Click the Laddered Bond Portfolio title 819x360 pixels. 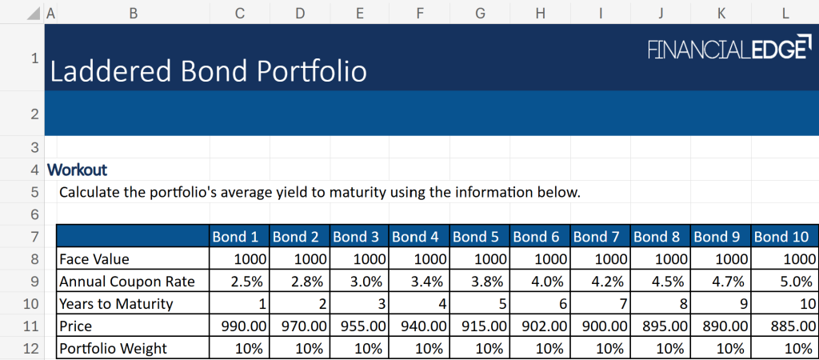tap(208, 71)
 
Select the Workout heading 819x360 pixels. tap(77, 170)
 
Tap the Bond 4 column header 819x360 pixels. tap(415, 237)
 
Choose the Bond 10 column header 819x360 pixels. tap(782, 237)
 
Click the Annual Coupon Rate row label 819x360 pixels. tap(126, 282)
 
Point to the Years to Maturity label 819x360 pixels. tap(115, 304)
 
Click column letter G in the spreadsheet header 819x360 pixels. tap(480, 13)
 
